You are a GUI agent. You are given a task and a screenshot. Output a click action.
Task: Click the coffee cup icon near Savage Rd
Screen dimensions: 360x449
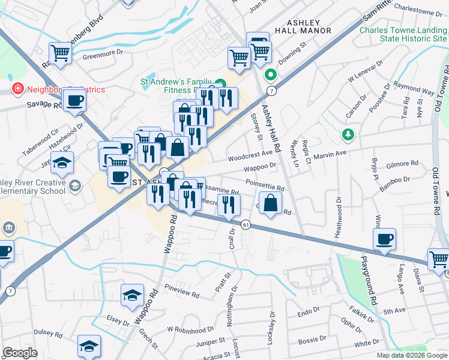(x=74, y=100)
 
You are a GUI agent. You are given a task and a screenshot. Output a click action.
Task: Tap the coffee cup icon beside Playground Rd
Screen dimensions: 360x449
(x=384, y=239)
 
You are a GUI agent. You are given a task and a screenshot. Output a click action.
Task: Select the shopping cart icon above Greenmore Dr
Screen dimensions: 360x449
(x=60, y=53)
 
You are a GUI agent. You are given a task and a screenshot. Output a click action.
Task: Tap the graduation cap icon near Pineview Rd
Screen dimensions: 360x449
(x=132, y=295)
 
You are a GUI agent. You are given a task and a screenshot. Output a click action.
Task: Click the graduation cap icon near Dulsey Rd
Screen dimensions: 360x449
(x=89, y=346)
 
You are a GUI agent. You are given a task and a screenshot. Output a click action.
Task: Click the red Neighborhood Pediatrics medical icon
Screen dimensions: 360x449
(x=18, y=89)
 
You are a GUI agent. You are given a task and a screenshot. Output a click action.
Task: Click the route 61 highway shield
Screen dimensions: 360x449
(x=246, y=224)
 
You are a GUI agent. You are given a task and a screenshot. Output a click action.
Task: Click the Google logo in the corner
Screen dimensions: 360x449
(x=20, y=353)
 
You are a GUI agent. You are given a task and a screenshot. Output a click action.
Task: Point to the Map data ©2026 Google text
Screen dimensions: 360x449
(x=411, y=355)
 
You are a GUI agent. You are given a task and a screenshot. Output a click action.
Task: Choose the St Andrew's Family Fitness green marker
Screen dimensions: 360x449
(x=220, y=85)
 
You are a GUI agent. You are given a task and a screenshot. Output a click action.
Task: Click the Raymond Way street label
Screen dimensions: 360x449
(x=414, y=90)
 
